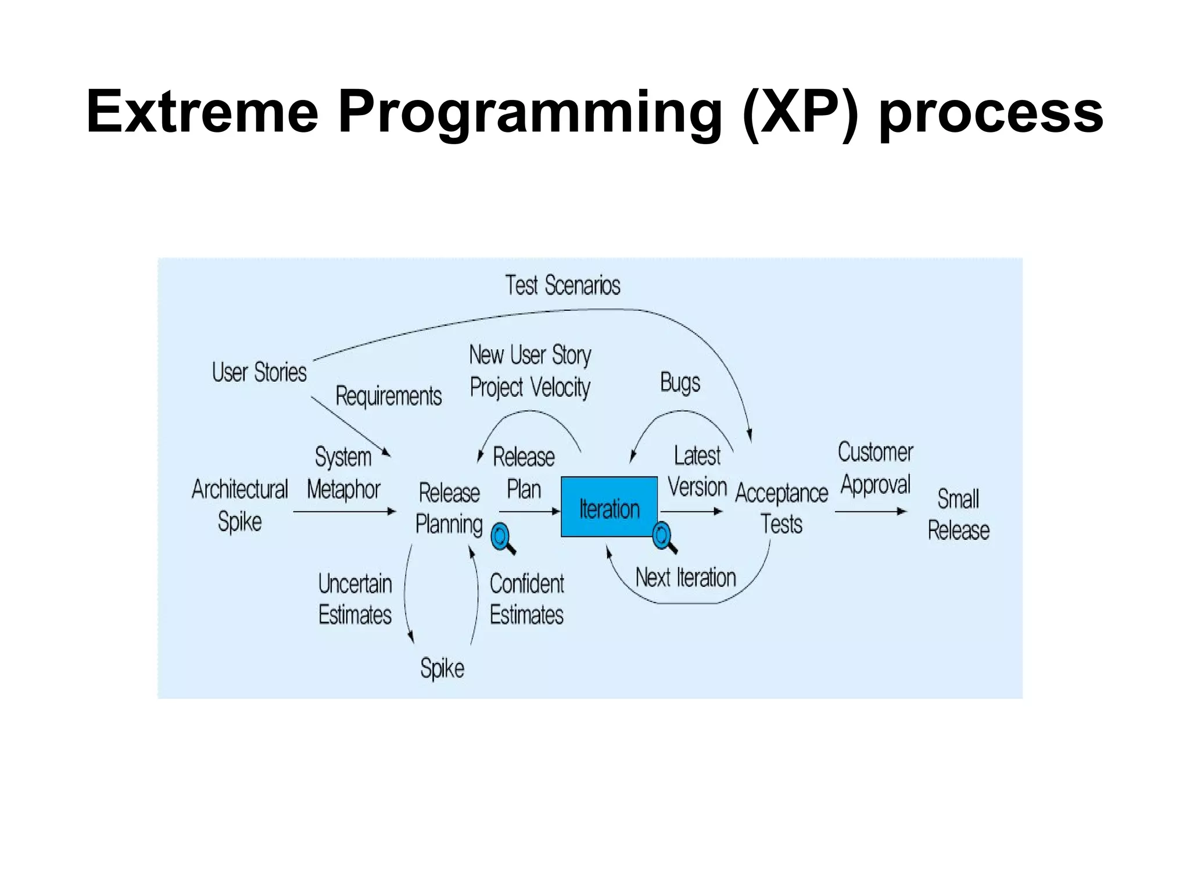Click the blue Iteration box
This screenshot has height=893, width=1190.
click(x=608, y=507)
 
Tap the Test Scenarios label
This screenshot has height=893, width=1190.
click(x=562, y=285)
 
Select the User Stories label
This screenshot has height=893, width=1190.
click(x=259, y=372)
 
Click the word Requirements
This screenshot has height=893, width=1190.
click(x=388, y=396)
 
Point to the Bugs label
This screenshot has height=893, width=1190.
click(x=680, y=382)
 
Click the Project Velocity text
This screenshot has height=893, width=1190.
click(x=529, y=387)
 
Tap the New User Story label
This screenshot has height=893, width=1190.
click(x=529, y=354)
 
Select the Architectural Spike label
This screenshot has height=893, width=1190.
click(x=239, y=505)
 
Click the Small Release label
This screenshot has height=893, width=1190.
click(x=958, y=514)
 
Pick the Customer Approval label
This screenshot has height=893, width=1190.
click(x=875, y=468)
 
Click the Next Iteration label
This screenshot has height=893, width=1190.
click(x=685, y=578)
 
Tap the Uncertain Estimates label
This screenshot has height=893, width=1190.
click(x=355, y=599)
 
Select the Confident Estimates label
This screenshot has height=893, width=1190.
click(x=526, y=599)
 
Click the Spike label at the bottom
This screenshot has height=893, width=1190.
click(x=442, y=668)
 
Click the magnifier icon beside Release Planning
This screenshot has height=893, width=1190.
click(x=502, y=538)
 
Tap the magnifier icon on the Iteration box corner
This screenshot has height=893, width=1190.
click(x=663, y=537)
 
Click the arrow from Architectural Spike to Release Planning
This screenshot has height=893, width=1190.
click(x=344, y=512)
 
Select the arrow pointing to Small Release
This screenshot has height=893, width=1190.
click(x=870, y=512)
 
